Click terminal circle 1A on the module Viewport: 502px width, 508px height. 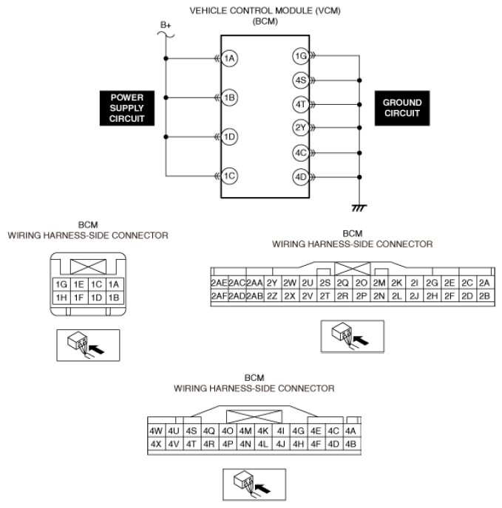pyautogui.click(x=230, y=58)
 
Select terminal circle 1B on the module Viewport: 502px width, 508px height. pyautogui.click(x=230, y=97)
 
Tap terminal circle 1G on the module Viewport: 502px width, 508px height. pyautogui.click(x=300, y=55)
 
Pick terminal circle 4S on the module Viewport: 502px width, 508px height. pyautogui.click(x=300, y=79)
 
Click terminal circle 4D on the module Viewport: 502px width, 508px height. pyautogui.click(x=300, y=177)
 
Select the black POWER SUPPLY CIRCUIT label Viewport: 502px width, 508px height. pyautogui.click(x=128, y=109)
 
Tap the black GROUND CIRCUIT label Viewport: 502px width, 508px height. pyautogui.click(x=402, y=109)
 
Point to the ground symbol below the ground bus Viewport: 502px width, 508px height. pyautogui.click(x=360, y=209)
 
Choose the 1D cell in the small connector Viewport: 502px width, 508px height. pyautogui.click(x=95, y=298)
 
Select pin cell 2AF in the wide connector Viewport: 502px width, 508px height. pyautogui.click(x=218, y=296)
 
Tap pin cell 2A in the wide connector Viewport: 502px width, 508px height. pyautogui.click(x=484, y=283)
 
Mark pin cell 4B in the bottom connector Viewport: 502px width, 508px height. pyautogui.click(x=351, y=444)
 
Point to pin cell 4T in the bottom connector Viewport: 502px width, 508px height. pyautogui.click(x=191, y=444)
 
